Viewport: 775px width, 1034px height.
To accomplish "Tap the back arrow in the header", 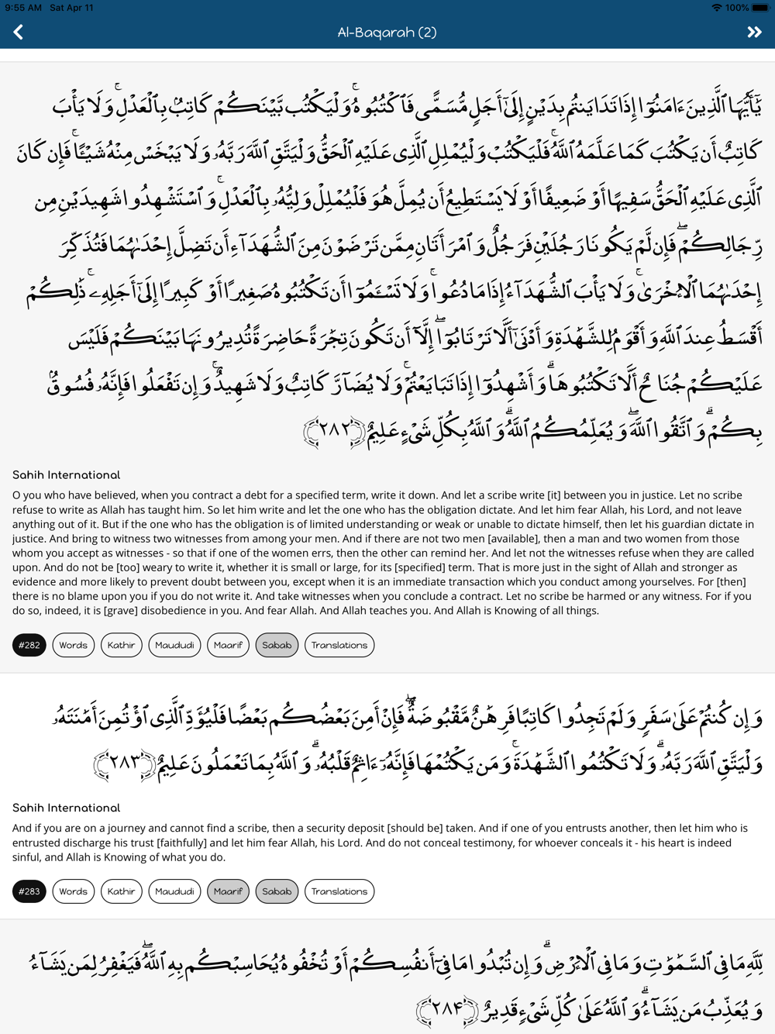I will click(x=19, y=33).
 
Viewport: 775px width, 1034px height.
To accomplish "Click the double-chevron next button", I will click(x=754, y=33).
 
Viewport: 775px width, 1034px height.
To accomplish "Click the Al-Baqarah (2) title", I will click(x=387, y=33).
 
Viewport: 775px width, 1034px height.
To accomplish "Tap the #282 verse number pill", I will click(x=29, y=645).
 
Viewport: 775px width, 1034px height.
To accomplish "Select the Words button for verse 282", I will click(x=74, y=645).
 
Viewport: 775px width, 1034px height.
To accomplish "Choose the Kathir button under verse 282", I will click(x=121, y=645).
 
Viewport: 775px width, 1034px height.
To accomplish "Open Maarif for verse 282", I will click(x=228, y=645).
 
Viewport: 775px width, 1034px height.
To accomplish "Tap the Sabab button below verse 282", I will click(x=277, y=645).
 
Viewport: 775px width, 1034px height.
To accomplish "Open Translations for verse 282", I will click(x=339, y=645).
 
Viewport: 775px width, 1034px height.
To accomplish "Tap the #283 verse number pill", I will click(x=29, y=891).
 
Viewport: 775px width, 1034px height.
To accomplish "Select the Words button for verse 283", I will click(x=74, y=891).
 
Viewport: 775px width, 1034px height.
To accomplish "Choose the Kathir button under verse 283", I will click(x=121, y=891).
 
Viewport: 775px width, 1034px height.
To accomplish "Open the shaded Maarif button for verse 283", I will click(x=228, y=891).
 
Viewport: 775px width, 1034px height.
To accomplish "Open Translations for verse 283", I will click(x=339, y=891).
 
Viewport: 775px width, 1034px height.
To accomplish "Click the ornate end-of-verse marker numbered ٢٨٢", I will click(x=334, y=431).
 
